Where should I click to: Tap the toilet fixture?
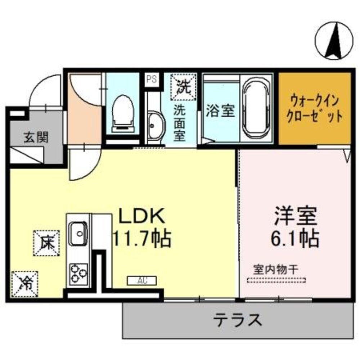(x=122, y=112)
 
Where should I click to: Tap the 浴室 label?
(x=220, y=111)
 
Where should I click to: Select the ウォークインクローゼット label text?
(x=315, y=109)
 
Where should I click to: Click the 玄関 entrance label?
(x=36, y=138)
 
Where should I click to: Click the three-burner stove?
(x=78, y=273)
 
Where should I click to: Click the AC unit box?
(x=142, y=280)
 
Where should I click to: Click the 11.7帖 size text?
(x=142, y=238)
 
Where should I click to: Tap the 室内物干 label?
(x=275, y=269)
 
